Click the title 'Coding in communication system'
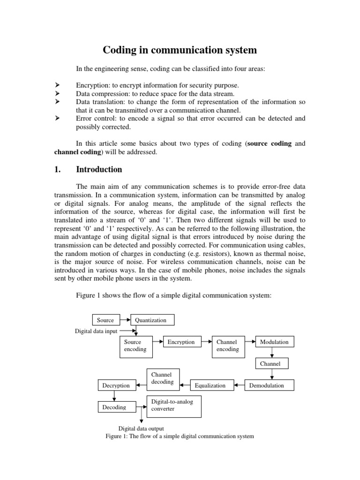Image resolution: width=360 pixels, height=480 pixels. coord(180,50)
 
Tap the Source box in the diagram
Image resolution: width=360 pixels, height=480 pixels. coord(105,320)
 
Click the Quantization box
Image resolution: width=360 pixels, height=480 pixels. coord(152,320)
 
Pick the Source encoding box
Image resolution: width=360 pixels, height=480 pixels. coord(136,346)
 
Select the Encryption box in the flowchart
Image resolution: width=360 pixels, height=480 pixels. coord(181,342)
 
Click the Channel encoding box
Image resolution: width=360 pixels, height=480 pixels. coord(228,346)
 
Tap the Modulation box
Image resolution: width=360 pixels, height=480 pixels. coord(274,342)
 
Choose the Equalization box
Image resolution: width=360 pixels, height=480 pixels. coord(210,385)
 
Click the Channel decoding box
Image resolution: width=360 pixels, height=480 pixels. coord(162,378)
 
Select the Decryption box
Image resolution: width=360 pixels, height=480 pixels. coord(116,385)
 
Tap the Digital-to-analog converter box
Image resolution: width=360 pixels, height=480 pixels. coord(174,405)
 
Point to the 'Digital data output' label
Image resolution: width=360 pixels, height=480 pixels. coord(141,428)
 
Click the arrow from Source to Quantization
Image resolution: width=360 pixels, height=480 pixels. coord(124,320)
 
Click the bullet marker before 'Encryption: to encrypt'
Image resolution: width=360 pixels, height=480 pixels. coord(57,85)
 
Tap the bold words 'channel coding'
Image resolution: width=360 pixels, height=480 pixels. coord(77,152)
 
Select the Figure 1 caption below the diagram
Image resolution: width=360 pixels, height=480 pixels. coord(180,436)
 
